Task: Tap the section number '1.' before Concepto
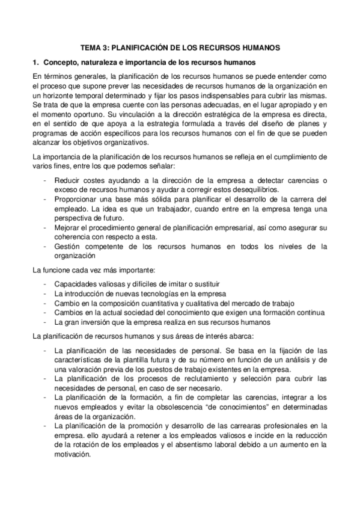36,62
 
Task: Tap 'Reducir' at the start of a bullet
67,181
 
